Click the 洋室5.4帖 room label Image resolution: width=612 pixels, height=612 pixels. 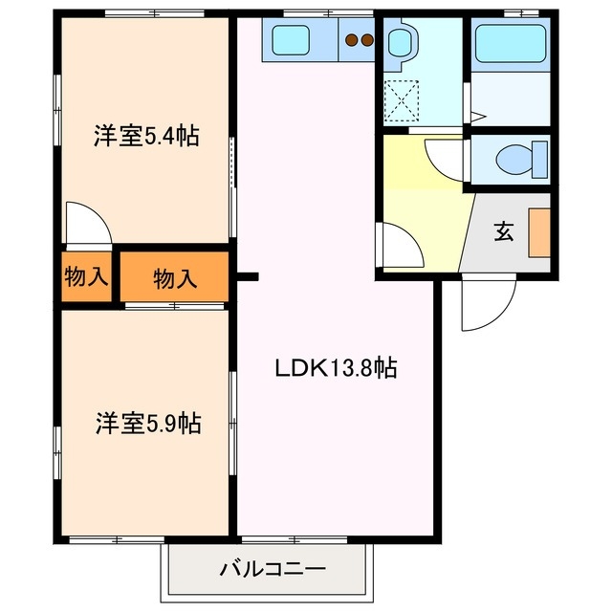[x=145, y=136]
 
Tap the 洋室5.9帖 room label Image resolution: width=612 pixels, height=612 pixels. [x=147, y=423]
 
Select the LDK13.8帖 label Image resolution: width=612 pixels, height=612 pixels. [x=337, y=366]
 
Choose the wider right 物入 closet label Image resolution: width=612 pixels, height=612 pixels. [x=175, y=278]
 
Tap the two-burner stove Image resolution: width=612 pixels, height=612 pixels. [x=360, y=40]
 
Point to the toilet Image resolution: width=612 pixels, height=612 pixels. [x=521, y=156]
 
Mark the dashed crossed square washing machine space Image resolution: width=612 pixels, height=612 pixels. [x=400, y=99]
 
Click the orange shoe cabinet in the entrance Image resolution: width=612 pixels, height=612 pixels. [x=539, y=234]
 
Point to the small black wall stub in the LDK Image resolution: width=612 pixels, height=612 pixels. [x=248, y=278]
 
